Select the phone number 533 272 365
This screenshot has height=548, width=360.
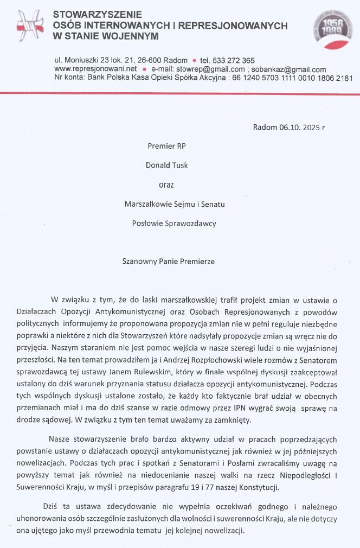coord(233,60)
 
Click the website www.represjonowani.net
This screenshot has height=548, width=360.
coord(95,69)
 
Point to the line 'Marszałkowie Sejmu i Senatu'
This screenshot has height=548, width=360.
coord(174,204)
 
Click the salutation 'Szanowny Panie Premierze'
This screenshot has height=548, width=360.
coord(169,261)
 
